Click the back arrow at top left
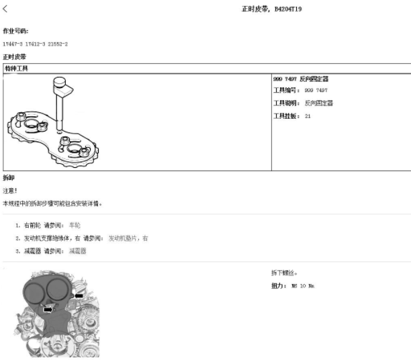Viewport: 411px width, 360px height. tap(5, 9)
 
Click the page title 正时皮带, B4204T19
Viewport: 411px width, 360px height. tap(271, 9)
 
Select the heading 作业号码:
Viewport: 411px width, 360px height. tap(15, 31)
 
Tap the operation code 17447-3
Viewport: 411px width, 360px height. tap(13, 44)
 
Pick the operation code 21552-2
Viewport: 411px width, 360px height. tap(58, 44)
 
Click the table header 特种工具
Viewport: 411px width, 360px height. tap(16, 69)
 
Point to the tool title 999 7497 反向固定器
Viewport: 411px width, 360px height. tap(301, 79)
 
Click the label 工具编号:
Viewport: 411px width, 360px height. tap(287, 90)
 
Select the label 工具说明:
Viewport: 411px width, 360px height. tap(287, 103)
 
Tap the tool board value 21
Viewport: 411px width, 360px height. tap(308, 116)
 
